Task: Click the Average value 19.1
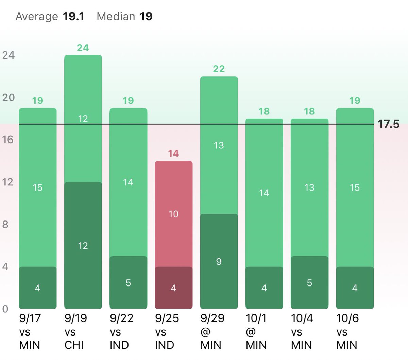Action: point(73,16)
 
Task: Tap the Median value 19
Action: point(146,16)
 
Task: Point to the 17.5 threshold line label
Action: point(389,124)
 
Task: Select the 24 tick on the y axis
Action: point(8,55)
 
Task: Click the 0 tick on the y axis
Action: point(5,309)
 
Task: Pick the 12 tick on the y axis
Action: point(7,182)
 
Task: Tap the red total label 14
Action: point(173,153)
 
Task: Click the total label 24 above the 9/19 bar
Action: point(83,48)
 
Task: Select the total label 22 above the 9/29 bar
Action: point(219,69)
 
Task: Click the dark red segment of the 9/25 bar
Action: point(173,288)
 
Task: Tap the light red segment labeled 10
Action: point(173,214)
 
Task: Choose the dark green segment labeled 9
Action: point(219,261)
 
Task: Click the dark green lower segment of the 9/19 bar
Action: point(83,246)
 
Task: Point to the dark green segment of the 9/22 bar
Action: point(128,283)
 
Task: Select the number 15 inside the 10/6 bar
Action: point(355,187)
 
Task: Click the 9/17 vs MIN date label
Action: point(30,332)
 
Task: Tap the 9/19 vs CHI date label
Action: point(75,332)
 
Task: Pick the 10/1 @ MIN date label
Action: point(256,332)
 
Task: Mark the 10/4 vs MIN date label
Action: point(302,332)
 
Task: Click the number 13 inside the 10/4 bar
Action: point(309,187)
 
